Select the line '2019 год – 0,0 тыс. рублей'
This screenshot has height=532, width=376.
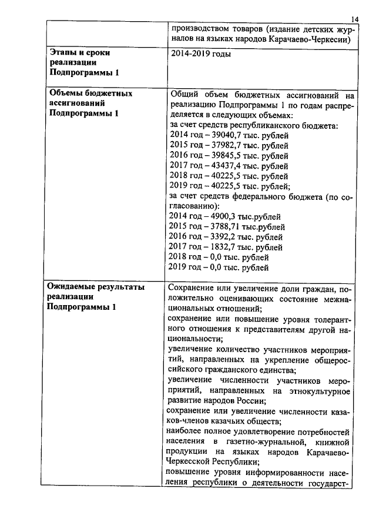pos(219,268)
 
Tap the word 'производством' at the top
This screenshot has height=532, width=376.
pos(200,29)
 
